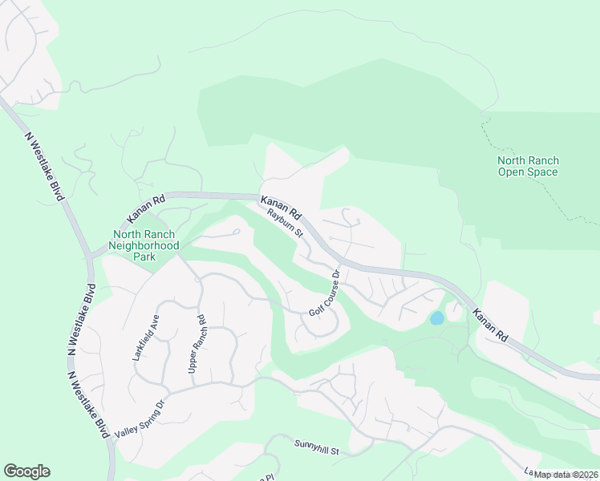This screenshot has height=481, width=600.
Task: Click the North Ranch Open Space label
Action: (528, 166)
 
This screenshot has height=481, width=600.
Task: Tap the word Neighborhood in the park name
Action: (144, 246)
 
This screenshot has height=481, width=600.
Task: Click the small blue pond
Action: (436, 318)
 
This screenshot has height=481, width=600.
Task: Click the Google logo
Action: (26, 471)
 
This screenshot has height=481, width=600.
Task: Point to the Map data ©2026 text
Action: (566, 475)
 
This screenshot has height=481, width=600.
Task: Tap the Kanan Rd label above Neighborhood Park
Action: (146, 208)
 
